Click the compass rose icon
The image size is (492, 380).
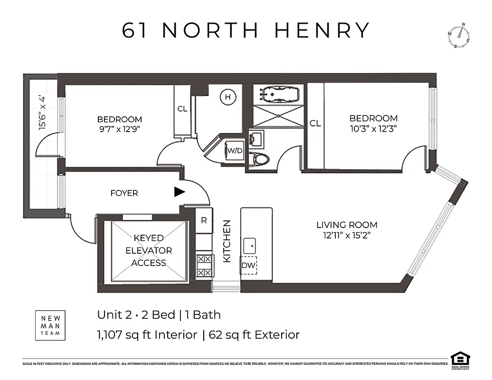[x=458, y=36]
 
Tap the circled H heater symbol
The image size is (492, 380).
[x=228, y=97]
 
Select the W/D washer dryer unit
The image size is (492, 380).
[x=235, y=151]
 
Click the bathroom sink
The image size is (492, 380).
[x=259, y=139]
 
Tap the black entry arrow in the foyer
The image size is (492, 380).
[x=179, y=192]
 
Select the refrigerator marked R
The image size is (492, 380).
[x=204, y=220]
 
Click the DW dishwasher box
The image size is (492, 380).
[x=248, y=266]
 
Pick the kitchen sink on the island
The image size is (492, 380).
[x=250, y=246]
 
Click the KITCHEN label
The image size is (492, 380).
[x=227, y=241]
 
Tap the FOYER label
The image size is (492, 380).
[x=124, y=193]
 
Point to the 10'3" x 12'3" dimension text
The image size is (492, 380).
[x=373, y=128]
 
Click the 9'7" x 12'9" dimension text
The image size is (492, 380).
[x=120, y=129]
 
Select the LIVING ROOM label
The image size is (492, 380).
[x=347, y=225]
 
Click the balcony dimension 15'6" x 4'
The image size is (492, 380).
[x=44, y=113]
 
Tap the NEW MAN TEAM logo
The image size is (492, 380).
[x=51, y=325]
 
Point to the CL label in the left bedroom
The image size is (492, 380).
[x=182, y=109]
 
